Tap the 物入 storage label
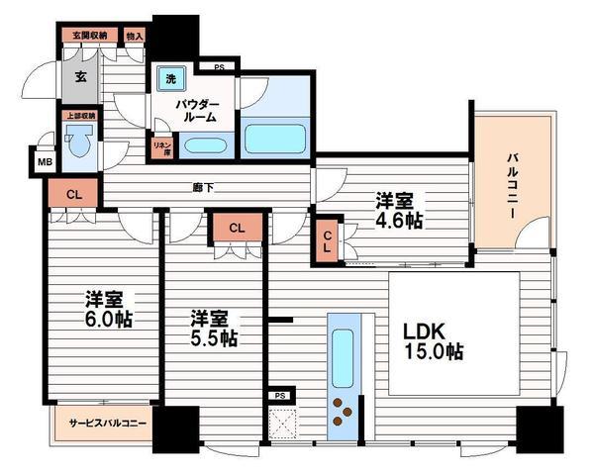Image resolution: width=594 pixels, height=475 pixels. [x=135, y=37]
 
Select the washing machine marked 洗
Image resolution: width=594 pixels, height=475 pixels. [x=170, y=79]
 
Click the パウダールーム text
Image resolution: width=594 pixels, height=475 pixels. [x=197, y=110]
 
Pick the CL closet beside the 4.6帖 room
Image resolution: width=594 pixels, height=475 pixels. [x=328, y=241]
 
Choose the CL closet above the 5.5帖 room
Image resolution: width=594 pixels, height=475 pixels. [x=236, y=229]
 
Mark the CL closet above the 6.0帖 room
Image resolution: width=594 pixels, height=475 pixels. [x=74, y=194]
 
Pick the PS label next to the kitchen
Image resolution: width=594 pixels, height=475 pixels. [x=280, y=394]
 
